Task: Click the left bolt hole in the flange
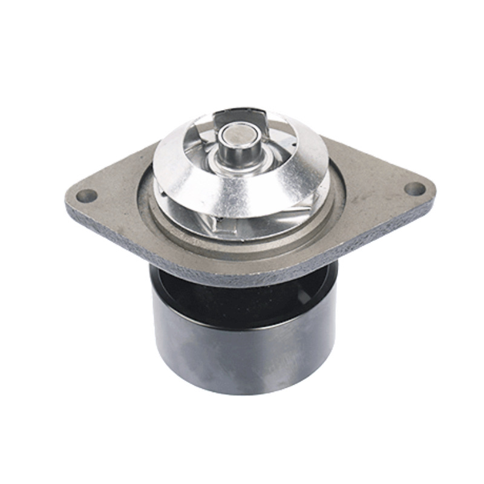pyautogui.click(x=87, y=195)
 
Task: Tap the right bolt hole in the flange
pyautogui.click(x=414, y=189)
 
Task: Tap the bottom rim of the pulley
pyautogui.click(x=242, y=390)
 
